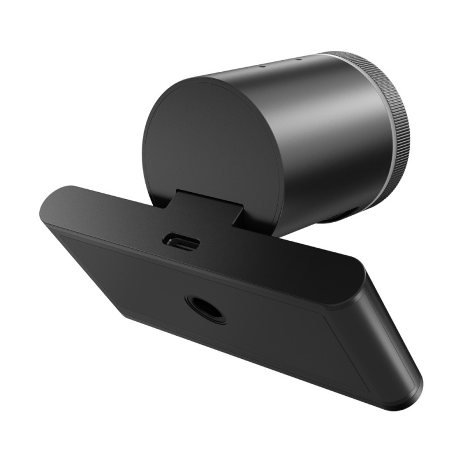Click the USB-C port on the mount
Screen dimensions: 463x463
click(x=182, y=241)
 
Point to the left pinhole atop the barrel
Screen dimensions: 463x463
click(x=262, y=65)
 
